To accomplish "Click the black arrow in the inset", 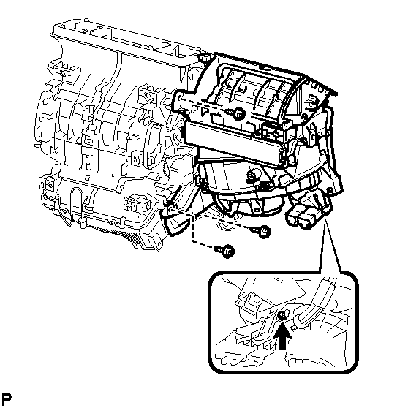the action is pos(282,336).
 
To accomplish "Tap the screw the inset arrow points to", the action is pos(282,316).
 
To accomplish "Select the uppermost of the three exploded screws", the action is pos(235,113).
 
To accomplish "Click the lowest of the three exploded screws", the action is pos(224,251).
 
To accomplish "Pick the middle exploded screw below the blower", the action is pos(260,231).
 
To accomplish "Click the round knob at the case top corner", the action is pos(204,58).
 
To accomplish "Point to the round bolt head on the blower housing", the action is pos(252,177).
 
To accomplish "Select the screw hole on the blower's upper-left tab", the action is pos(180,99).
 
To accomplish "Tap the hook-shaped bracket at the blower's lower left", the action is pos(174,221).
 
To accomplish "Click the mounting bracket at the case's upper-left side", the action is pos(63,74).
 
